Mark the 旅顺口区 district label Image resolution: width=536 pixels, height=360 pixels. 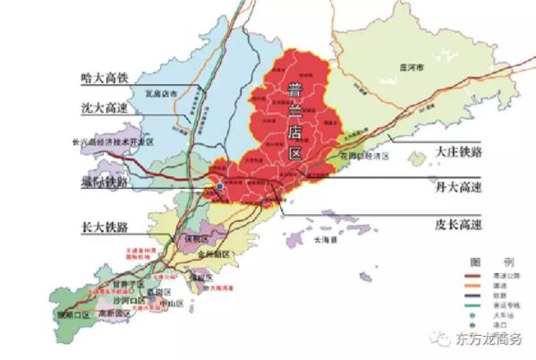pyautogui.click(x=72, y=315)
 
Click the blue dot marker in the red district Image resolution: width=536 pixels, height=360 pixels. pyautogui.click(x=218, y=187)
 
